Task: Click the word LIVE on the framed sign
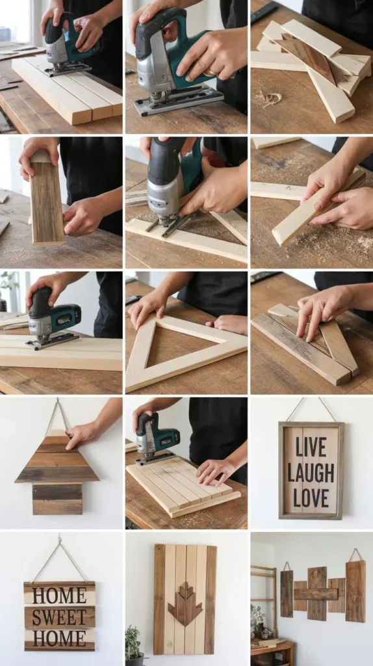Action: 311,446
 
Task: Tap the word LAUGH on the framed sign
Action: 311,472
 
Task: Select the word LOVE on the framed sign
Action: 311,498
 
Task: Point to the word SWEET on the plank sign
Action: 60,617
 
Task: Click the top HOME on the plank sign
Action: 60,594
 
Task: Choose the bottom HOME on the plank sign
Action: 60,639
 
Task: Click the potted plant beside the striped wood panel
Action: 134,644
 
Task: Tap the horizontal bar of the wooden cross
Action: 316,594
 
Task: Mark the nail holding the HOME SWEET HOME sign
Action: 59,539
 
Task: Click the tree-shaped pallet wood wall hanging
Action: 57,468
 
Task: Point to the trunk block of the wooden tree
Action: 57,499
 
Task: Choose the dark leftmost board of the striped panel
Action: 159,599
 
